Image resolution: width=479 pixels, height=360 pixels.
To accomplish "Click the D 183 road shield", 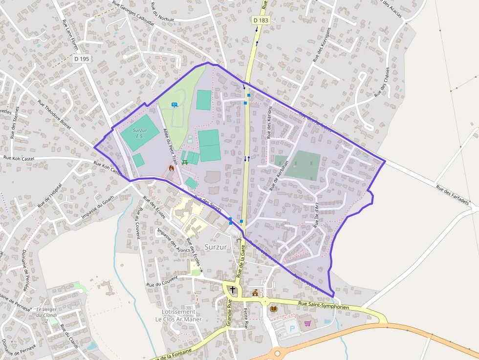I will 261,20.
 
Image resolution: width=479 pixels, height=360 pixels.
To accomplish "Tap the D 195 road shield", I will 82,59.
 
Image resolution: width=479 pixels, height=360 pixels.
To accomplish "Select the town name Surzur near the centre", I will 216,247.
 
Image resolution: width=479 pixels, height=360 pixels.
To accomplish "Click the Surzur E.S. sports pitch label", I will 140,133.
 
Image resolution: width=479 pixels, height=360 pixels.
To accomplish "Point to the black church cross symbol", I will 233,290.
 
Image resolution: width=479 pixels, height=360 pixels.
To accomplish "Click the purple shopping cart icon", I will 307,323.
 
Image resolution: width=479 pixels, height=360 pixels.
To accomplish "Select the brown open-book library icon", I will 274,309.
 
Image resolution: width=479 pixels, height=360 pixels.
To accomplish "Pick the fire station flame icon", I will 171,168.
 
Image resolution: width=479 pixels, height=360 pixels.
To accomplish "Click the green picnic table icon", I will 184,162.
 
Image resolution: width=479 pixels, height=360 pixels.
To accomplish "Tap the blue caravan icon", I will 174,105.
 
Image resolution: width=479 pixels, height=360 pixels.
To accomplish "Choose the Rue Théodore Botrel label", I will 55,115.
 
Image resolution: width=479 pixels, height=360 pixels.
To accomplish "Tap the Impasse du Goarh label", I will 98,208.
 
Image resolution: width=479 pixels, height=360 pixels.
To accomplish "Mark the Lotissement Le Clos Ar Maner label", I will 178,315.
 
